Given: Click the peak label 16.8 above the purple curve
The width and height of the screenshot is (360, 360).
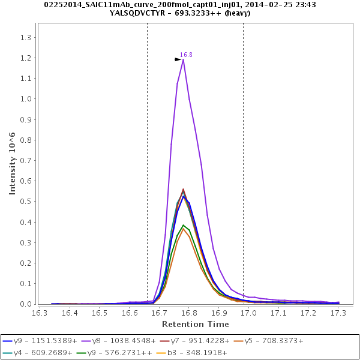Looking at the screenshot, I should [x=186, y=55].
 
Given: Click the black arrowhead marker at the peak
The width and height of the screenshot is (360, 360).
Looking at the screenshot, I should [x=178, y=59].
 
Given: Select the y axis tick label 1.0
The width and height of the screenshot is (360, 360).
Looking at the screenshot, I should [x=26, y=99].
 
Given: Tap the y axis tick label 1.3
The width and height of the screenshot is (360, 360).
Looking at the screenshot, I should [x=26, y=37].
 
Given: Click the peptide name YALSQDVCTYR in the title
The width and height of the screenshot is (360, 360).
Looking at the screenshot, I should [x=145, y=13].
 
